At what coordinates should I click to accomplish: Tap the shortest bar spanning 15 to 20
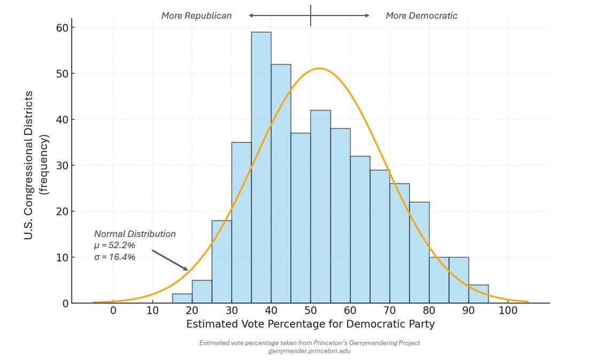tap(182, 298)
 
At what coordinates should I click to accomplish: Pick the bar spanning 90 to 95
tap(479, 294)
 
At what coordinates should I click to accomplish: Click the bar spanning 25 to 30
tap(221, 262)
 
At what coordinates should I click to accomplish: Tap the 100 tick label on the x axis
tap(508, 311)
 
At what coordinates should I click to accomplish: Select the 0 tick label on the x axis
tap(113, 311)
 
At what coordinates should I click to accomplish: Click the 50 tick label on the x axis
tap(311, 311)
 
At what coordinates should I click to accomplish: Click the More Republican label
tap(196, 16)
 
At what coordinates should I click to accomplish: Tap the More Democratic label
tap(421, 16)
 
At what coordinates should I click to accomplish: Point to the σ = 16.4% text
tap(114, 257)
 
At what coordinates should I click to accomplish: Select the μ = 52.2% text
tap(114, 246)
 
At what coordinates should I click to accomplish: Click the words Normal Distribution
tap(135, 234)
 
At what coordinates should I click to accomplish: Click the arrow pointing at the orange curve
tap(170, 260)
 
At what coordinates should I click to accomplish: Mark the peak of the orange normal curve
tap(319, 68)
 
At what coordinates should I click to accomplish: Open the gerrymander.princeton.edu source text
tap(310, 351)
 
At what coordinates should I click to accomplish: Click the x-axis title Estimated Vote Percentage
tap(310, 324)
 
